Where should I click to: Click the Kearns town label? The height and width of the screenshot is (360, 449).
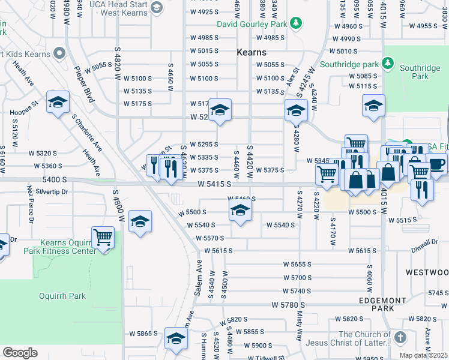[252, 52]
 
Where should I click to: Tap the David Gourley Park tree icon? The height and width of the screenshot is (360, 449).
[295, 23]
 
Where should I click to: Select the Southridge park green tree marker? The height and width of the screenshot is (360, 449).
[388, 63]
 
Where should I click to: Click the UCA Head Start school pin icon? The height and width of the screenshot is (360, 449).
[157, 7]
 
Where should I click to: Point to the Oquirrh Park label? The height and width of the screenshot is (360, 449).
[62, 296]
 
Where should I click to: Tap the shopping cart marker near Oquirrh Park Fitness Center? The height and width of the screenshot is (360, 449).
[103, 237]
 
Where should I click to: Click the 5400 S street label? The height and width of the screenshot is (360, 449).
[55, 179]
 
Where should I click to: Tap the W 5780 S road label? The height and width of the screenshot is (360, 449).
[289, 305]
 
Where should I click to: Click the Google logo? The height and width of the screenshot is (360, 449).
[20, 353]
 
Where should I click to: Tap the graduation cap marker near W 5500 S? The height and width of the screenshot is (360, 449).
[240, 211]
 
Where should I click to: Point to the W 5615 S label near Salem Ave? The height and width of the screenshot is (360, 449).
[215, 250]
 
